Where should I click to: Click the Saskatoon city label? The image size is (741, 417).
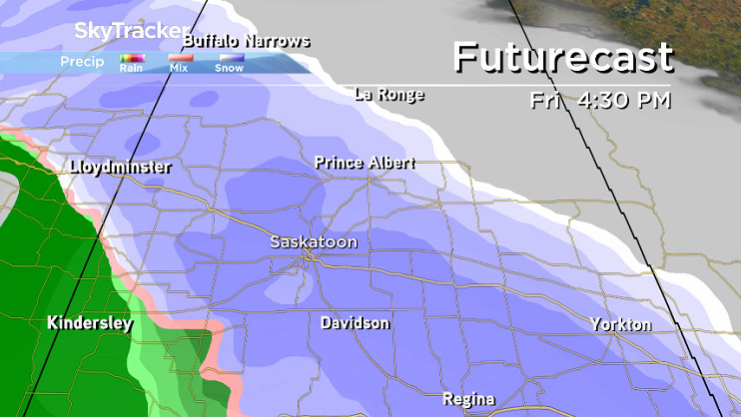(313, 242)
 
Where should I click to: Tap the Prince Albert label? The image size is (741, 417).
(364, 162)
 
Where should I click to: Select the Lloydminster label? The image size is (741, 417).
(121, 168)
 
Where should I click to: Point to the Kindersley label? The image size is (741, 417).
(90, 324)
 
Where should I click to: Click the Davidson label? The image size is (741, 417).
(355, 323)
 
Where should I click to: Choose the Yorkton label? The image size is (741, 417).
(620, 325)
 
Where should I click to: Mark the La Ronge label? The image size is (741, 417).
(389, 96)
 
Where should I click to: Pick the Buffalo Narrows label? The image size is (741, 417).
(247, 42)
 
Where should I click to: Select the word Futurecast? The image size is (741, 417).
(562, 58)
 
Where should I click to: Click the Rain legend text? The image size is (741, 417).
(131, 69)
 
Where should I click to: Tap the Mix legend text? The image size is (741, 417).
(180, 69)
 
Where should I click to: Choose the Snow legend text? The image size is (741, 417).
(231, 69)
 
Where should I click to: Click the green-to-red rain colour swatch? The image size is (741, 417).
(132, 58)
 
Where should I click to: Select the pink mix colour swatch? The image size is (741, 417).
(180, 58)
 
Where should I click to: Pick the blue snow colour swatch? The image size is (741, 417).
(231, 58)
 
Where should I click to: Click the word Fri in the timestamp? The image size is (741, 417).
(548, 101)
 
